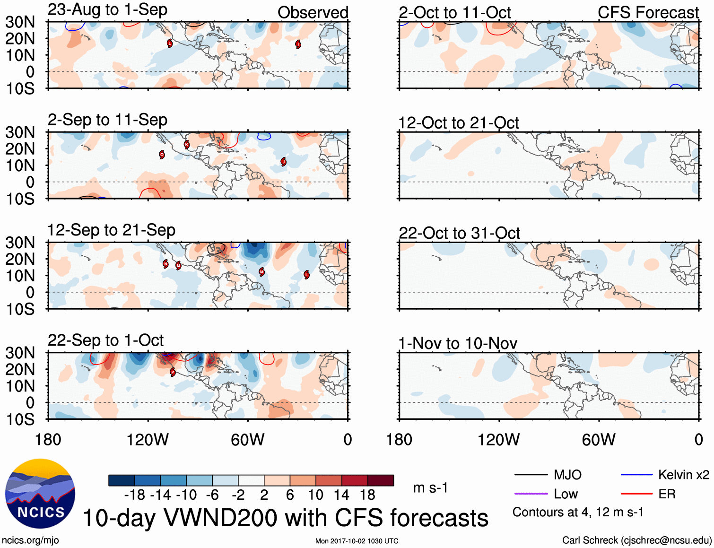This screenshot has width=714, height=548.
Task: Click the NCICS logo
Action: pos(40,494)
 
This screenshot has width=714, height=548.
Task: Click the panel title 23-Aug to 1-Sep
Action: pos(107,10)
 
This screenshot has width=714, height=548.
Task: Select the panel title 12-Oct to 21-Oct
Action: pos(459,123)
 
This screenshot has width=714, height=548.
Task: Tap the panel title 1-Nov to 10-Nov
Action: pos(458,343)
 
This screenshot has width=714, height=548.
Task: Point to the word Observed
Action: pos(313,13)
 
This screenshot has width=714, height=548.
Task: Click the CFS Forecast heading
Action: pos(648,13)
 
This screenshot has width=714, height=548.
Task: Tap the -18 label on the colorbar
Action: pos(135,495)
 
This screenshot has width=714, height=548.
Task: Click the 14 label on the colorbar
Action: pos(341,495)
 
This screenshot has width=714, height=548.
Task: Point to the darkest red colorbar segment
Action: pos(381,480)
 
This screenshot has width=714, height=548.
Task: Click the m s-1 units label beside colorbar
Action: pos(430,488)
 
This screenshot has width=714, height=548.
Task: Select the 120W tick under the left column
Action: pos(148,440)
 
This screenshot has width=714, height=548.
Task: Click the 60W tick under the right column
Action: pos(599,440)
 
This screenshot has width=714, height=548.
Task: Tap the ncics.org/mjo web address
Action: pos(30,540)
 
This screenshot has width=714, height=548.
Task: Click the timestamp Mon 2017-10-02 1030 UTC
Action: pos(357,541)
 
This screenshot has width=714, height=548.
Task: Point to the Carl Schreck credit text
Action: pos(636,540)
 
